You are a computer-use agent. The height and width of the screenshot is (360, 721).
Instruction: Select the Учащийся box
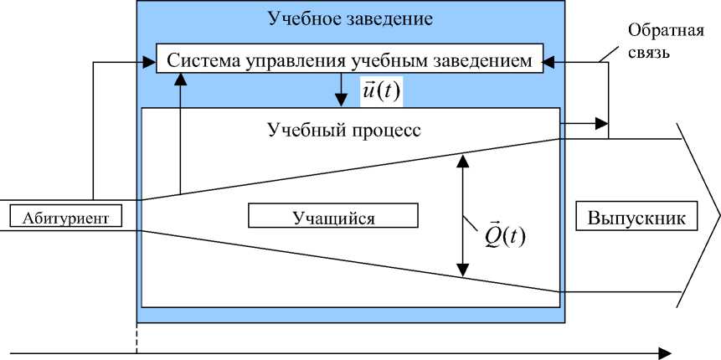(x=332, y=216)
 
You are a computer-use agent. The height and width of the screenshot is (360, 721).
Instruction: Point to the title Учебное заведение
(x=351, y=18)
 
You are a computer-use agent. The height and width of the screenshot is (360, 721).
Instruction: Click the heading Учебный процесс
(x=344, y=131)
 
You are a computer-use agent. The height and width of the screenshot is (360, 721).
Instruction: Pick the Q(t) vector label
(x=505, y=235)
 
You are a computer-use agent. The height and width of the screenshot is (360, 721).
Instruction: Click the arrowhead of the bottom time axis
(x=665, y=352)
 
